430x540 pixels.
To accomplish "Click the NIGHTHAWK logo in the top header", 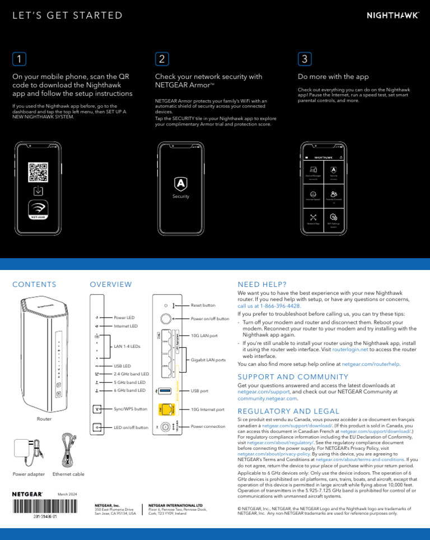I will tap(392, 16).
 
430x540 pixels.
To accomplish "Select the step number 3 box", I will tap(304, 59).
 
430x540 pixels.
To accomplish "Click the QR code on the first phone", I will tap(38, 172).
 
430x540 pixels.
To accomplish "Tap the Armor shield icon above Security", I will tap(181, 183).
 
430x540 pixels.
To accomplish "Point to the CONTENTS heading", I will tap(34, 285).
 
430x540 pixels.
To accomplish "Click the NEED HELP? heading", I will tap(262, 285).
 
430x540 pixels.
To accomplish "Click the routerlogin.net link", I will tap(350, 349).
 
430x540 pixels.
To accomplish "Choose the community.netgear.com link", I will tap(267, 398).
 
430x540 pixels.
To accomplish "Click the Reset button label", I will tap(203, 305).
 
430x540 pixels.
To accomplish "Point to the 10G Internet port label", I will tap(208, 409).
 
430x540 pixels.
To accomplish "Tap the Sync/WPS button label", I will tap(130, 409).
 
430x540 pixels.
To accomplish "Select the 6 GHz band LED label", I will tap(129, 390).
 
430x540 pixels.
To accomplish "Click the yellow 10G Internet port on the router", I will tap(166, 409).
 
